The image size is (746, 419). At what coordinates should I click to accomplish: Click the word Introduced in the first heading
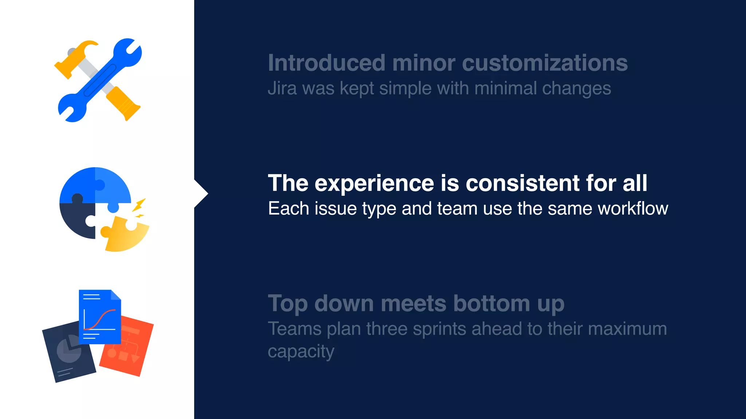(326, 63)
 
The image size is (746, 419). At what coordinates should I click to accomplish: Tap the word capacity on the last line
(301, 351)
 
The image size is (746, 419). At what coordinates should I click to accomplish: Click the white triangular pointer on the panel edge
(201, 193)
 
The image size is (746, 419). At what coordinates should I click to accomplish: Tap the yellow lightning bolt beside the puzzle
(139, 205)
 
